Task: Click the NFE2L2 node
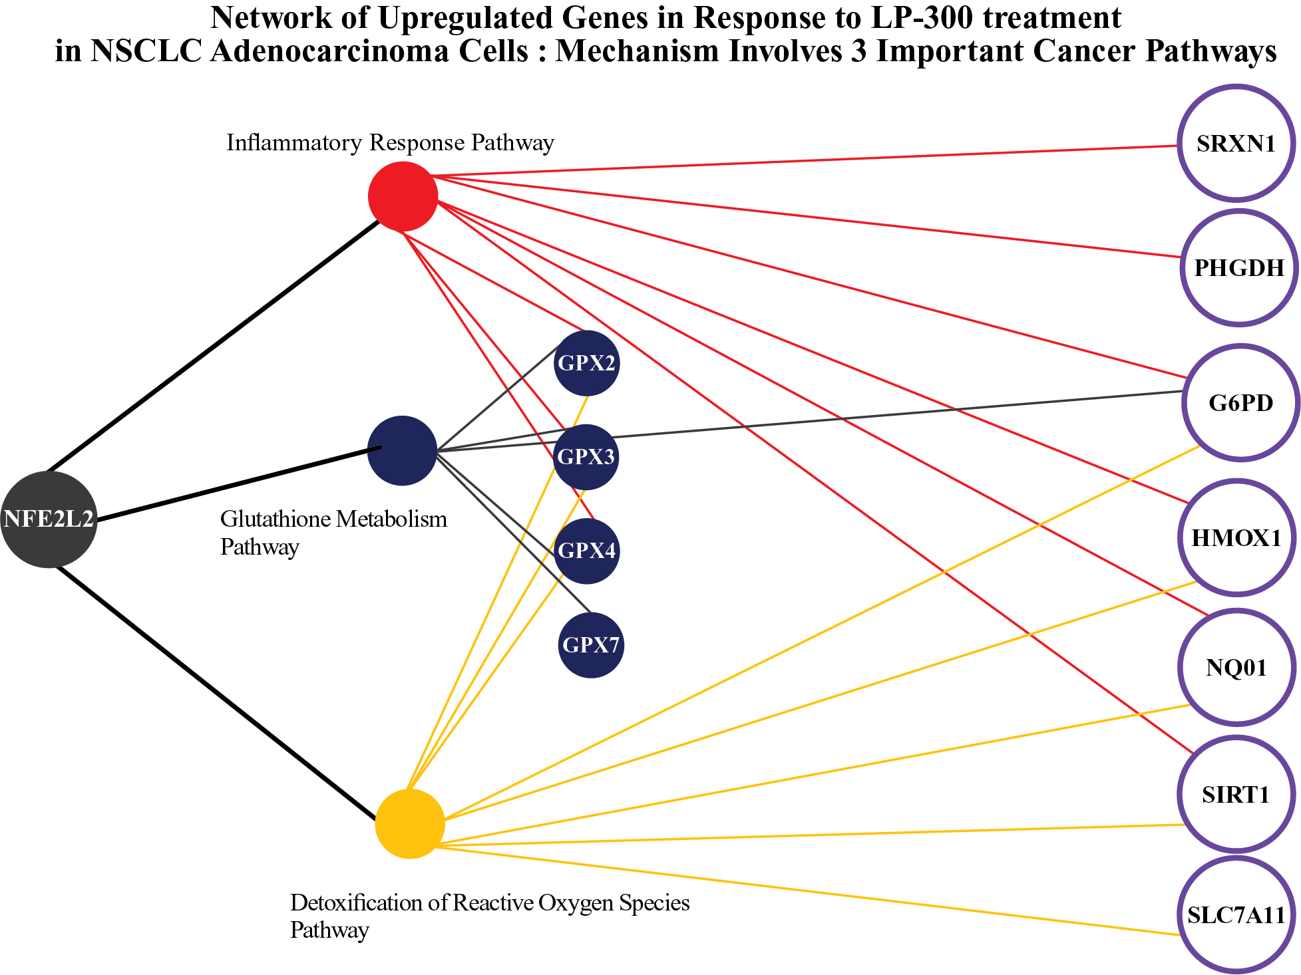(49, 519)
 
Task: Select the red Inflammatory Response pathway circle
(403, 197)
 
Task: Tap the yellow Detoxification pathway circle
(410, 824)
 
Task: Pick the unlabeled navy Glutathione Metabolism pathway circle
(402, 451)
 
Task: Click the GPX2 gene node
(586, 363)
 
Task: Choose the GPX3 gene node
(586, 457)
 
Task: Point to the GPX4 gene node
(586, 551)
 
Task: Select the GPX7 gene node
(591, 645)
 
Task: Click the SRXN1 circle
(1236, 143)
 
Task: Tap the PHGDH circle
(1239, 268)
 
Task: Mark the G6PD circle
(1241, 403)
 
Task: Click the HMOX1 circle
(1236, 537)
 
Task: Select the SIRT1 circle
(1236, 795)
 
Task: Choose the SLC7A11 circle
(1236, 915)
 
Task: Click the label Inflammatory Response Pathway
(391, 143)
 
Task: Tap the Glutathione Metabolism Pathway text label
(333, 533)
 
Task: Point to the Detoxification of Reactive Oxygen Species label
(490, 903)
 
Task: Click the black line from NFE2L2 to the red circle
(214, 345)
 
